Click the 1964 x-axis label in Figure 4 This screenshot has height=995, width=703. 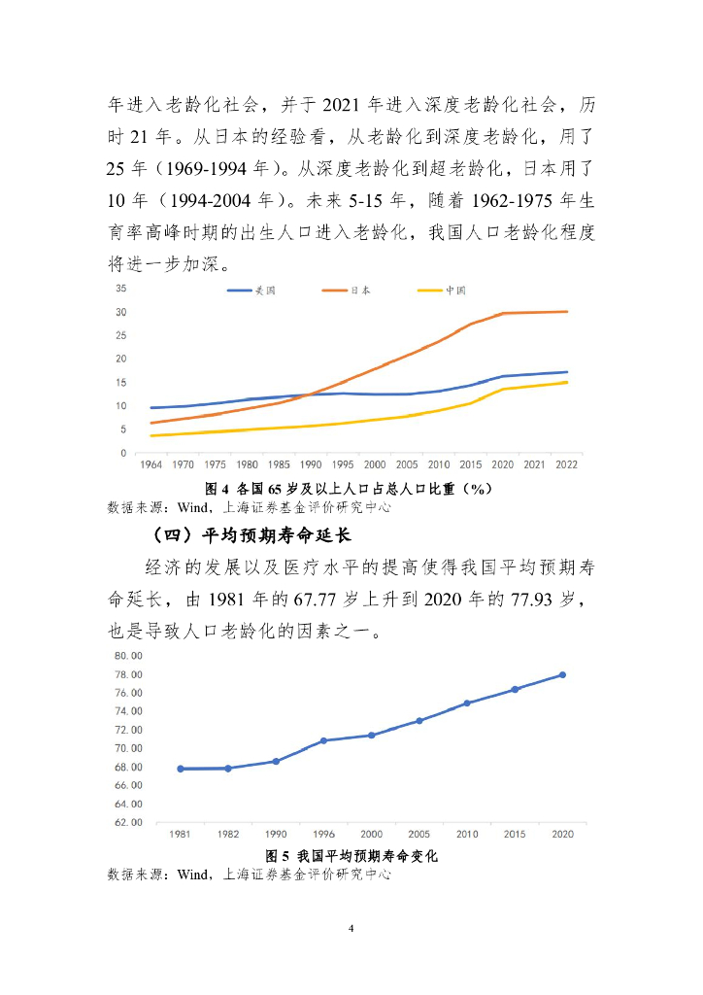(x=150, y=465)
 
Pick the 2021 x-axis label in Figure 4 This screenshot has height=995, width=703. (x=533, y=465)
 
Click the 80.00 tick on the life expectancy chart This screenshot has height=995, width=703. (x=129, y=656)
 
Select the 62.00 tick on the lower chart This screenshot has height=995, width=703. (x=129, y=823)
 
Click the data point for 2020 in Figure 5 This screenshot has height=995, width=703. (x=562, y=675)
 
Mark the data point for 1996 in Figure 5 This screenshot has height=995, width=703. (x=323, y=740)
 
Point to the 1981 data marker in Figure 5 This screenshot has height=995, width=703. (x=181, y=769)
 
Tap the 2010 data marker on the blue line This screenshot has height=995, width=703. (x=467, y=703)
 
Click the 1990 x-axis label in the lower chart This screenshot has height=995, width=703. (x=276, y=835)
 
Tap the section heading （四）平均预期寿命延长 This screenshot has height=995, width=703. (x=251, y=534)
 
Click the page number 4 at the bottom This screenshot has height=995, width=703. (x=351, y=930)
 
